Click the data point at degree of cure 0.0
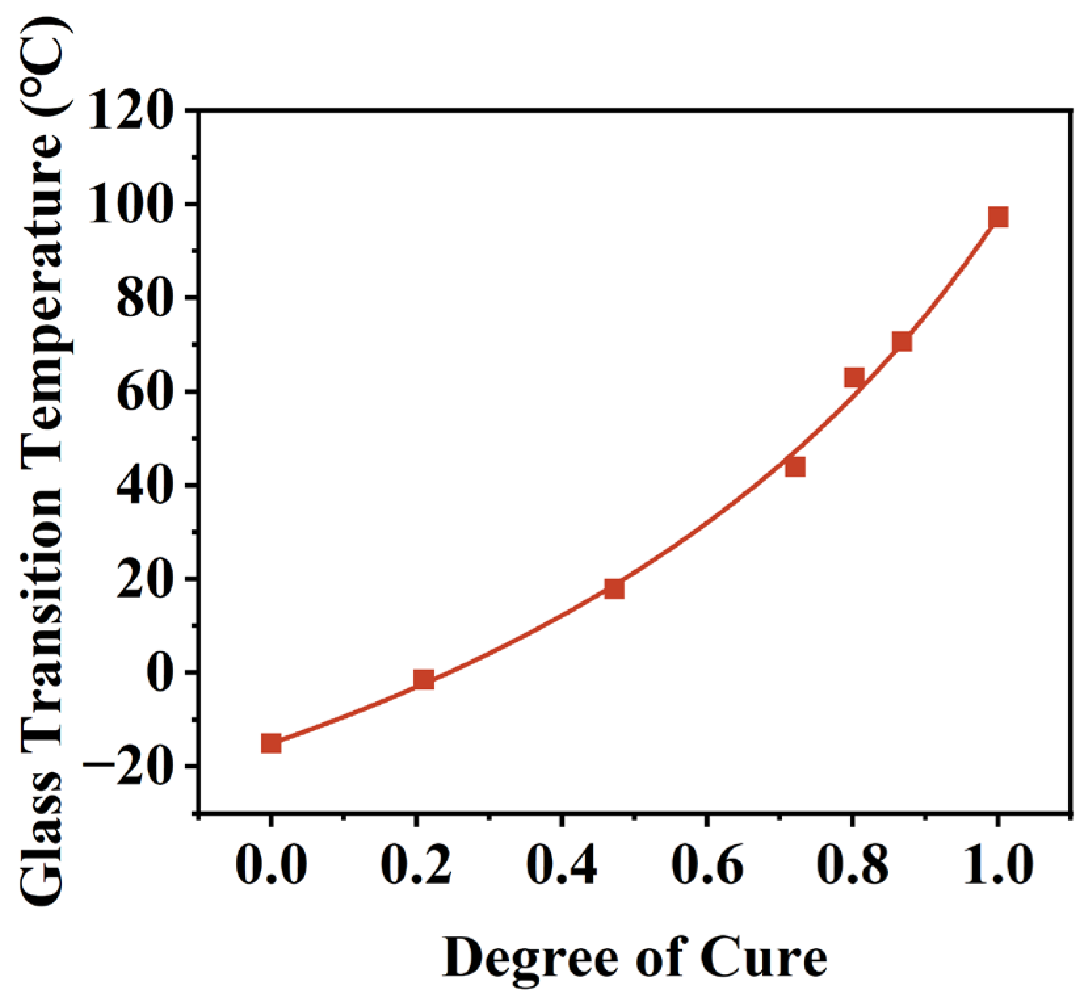[x=271, y=743]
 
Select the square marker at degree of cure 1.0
[x=998, y=217]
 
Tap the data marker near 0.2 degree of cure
[x=423, y=680]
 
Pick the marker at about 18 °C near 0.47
[x=614, y=588]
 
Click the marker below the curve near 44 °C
[x=795, y=467]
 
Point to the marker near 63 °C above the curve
[x=854, y=377]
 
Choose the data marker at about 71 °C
[x=902, y=341]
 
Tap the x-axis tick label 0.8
[x=852, y=867]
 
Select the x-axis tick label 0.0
[x=270, y=867]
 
